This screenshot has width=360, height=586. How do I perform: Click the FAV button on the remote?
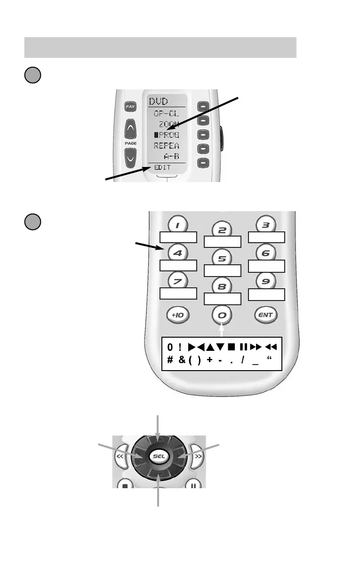[x=130, y=107]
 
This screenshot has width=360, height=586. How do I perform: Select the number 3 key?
[x=266, y=225]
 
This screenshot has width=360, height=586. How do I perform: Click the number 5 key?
[x=222, y=258]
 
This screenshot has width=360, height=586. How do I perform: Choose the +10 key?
[x=178, y=315]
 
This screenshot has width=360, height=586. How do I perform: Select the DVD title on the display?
[x=160, y=101]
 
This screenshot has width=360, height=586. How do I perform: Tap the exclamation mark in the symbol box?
[x=180, y=347]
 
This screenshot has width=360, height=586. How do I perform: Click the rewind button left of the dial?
[x=120, y=457]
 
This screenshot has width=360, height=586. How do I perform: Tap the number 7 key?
[x=178, y=282]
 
